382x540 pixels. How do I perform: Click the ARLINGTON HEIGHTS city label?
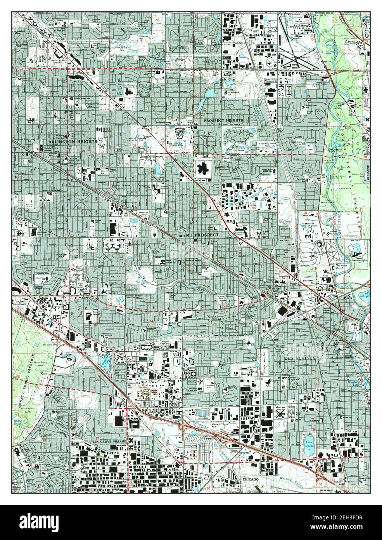(73, 142)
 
